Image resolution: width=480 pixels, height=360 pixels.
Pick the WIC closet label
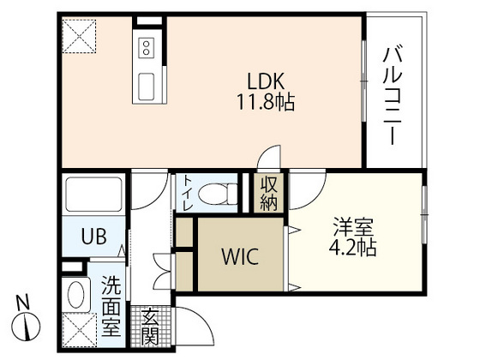click(x=240, y=255)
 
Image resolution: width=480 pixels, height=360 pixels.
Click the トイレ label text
click(x=186, y=194)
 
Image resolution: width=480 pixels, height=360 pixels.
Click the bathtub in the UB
click(x=95, y=197)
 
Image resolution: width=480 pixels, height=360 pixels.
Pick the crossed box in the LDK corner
click(x=79, y=35)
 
